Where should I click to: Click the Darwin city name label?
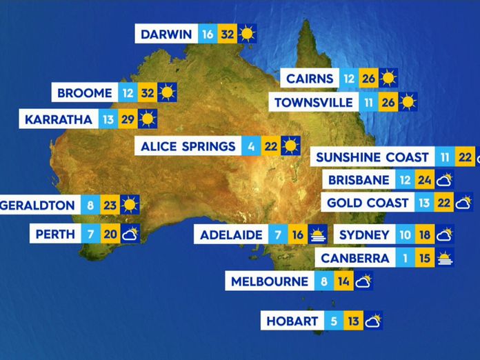coord(166,34)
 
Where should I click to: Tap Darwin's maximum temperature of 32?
coord(227,34)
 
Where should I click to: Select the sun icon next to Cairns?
coord(388,78)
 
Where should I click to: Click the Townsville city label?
coord(313,103)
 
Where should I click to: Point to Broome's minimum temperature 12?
coord(127,92)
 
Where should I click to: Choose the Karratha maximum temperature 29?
coord(127,119)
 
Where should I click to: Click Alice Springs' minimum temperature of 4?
coord(251,146)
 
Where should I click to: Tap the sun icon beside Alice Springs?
coord(290,146)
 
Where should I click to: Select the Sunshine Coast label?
coord(372,157)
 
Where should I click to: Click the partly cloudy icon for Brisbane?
coord(445,181)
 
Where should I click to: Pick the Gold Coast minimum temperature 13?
coord(424,203)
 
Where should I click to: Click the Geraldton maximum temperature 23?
coord(109,205)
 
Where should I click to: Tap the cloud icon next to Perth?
coord(130,234)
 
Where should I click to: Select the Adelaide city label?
coord(231,234)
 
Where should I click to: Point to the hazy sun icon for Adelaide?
coord(317,234)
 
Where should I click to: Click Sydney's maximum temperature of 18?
coord(424,234)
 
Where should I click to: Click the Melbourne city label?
coord(269,281)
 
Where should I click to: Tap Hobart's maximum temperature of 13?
coord(354,321)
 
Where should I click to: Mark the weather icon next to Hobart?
coord(373,321)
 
